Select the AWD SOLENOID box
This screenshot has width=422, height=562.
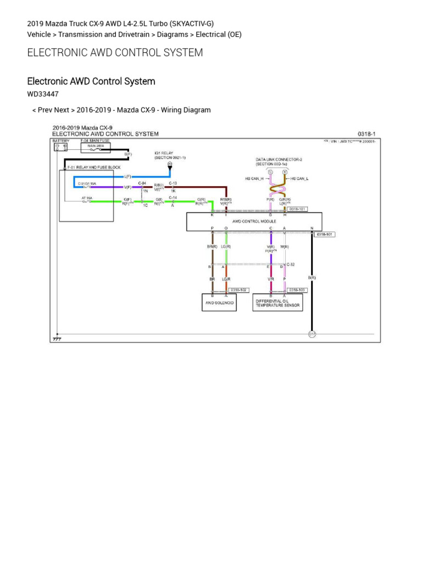click(x=219, y=302)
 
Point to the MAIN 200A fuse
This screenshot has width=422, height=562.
click(x=96, y=147)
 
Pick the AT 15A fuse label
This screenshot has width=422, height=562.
click(x=86, y=198)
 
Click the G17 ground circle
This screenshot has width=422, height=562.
click(x=312, y=334)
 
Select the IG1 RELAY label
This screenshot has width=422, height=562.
click(x=164, y=154)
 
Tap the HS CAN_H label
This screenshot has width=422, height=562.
click(x=254, y=178)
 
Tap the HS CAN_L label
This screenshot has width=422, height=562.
click(x=299, y=178)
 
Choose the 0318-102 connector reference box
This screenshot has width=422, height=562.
click(x=239, y=290)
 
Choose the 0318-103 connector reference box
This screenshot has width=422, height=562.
click(x=297, y=290)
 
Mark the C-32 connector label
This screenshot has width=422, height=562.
click(x=291, y=265)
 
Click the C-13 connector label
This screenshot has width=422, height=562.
click(x=173, y=183)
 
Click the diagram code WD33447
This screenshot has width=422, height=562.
click(x=43, y=94)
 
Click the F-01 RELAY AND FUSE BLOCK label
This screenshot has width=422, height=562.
click(x=93, y=166)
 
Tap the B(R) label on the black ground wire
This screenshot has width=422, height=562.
click(x=312, y=278)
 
